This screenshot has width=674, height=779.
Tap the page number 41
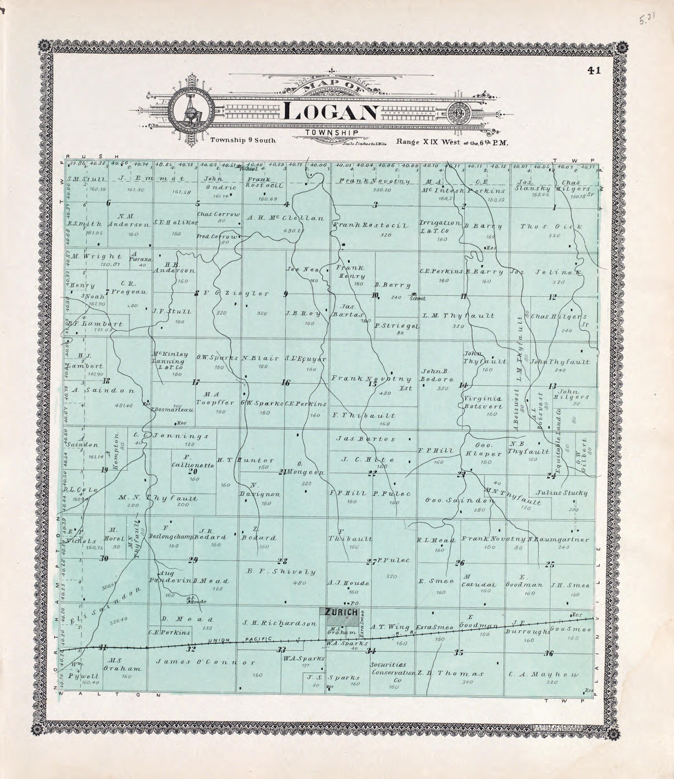tap(594, 70)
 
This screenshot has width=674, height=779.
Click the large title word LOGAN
tap(331, 112)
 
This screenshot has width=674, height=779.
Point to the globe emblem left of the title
tap(191, 109)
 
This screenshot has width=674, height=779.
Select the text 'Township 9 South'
tap(242, 140)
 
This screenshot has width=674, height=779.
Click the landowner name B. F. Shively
tap(281, 572)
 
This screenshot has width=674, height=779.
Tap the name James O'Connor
tap(205, 662)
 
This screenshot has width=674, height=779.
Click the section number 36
tap(549, 653)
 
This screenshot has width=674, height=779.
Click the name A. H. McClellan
tap(286, 218)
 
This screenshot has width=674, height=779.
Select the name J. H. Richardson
tap(279, 623)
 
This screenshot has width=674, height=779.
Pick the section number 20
tap(193, 472)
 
